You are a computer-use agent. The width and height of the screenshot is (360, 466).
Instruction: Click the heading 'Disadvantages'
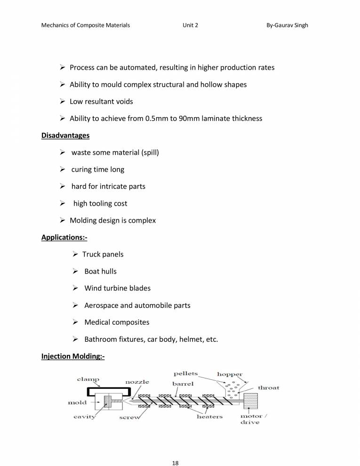(x=65, y=136)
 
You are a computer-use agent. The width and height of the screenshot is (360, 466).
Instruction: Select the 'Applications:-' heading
(x=64, y=237)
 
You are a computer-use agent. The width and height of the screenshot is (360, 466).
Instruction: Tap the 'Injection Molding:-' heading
(x=73, y=356)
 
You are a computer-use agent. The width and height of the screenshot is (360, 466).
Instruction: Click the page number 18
(x=175, y=450)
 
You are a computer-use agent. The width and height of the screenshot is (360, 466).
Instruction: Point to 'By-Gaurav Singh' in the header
(x=287, y=25)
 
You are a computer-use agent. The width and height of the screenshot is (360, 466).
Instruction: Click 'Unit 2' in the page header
(x=190, y=25)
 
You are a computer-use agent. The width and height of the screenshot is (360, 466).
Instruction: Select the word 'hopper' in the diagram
(x=230, y=375)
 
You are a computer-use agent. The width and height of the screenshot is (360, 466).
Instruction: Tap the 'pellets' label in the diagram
(x=186, y=374)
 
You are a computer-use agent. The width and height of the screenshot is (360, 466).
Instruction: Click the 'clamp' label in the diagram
(x=88, y=379)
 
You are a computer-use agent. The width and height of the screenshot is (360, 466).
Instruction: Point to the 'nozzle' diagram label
(x=137, y=382)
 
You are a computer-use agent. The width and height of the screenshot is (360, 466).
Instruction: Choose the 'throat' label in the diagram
(x=268, y=388)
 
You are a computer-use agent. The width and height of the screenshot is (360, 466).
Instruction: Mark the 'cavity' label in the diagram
(x=85, y=417)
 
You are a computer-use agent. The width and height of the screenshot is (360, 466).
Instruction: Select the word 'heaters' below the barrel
(x=209, y=417)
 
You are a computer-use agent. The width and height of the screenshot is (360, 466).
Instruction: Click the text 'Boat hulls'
(x=100, y=272)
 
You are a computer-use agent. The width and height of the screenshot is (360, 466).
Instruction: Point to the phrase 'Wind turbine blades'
(x=117, y=289)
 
